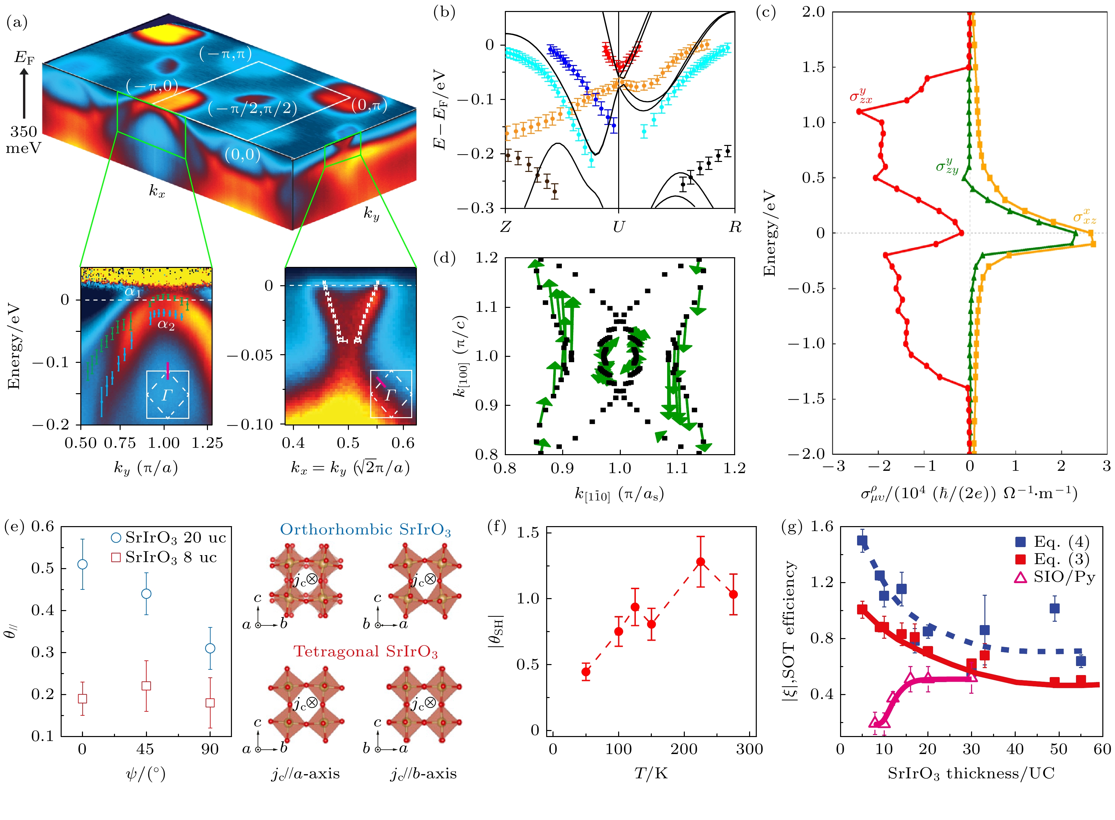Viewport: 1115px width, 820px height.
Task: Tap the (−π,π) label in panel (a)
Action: click(225, 54)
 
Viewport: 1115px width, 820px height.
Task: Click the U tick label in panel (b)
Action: click(618, 227)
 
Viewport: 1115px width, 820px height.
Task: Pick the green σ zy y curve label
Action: click(947, 165)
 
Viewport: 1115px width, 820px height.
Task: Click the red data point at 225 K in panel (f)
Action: click(700, 562)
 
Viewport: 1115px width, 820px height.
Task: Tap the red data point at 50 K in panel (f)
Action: click(586, 672)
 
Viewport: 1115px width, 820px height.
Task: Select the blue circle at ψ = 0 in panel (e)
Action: click(82, 564)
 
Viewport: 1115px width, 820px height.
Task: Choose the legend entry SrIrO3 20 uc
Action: click(169, 537)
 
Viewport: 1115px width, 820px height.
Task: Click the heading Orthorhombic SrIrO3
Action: click(365, 530)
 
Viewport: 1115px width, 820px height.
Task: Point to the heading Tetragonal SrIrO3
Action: click(365, 652)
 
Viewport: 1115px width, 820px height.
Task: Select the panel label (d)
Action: click(444, 258)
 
